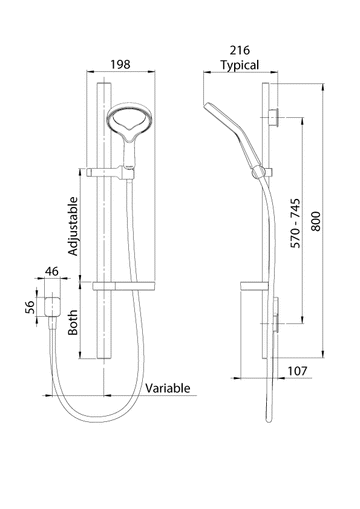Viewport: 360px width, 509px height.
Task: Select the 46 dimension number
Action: coord(53,272)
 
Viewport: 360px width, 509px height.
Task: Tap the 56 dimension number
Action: coord(31,307)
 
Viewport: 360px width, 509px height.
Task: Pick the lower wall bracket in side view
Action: coord(275,321)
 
